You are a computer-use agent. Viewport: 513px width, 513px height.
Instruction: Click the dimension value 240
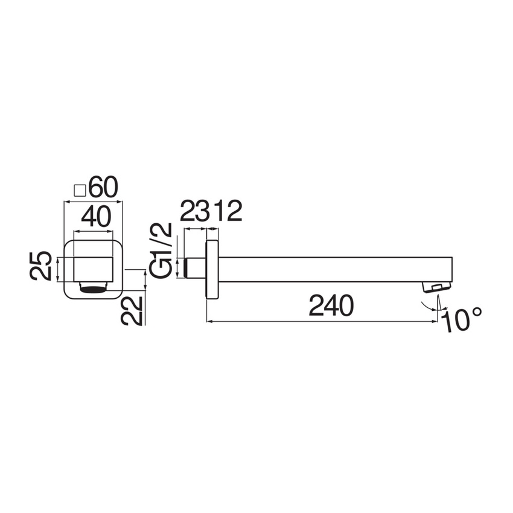click(330, 306)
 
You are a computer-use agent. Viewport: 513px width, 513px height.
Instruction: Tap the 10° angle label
click(464, 320)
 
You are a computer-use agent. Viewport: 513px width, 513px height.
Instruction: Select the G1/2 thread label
click(161, 250)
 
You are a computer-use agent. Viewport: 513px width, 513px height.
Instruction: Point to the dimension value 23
click(196, 212)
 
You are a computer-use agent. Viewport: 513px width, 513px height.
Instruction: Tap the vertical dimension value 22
click(133, 310)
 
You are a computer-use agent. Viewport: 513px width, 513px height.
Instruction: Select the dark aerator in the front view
click(93, 288)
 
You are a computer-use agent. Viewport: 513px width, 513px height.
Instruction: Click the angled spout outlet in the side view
click(436, 287)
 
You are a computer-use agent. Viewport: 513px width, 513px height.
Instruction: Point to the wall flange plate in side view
click(212, 269)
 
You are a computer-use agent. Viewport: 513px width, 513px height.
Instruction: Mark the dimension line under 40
click(93, 231)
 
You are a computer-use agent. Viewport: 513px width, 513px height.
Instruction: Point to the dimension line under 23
click(196, 230)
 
